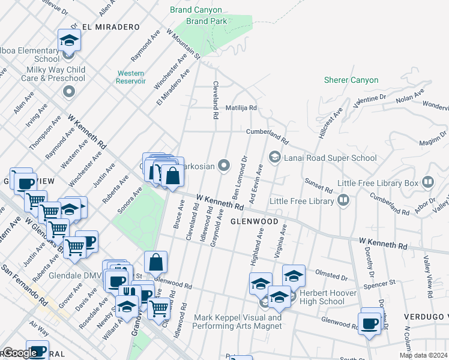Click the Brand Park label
tap(206, 21)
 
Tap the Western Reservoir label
tap(130, 77)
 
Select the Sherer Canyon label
tap(351, 80)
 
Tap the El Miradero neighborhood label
tap(110, 27)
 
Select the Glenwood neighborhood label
tap(255, 221)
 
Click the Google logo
tap(20, 353)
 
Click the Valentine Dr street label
tap(370, 100)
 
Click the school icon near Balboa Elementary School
tap(69, 41)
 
